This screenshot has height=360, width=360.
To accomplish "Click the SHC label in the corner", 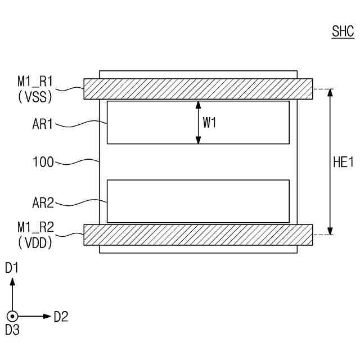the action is coord(343,31).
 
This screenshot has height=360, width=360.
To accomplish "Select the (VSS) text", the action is coord(35,97).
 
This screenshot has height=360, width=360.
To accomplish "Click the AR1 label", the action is coord(43,124).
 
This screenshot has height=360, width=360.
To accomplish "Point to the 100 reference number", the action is coord(43,163).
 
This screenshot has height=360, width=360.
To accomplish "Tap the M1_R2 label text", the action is coord(35,227).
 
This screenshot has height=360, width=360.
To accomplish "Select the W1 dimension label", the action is coord(209,123).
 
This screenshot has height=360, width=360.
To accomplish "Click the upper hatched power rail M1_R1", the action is coord(198,89).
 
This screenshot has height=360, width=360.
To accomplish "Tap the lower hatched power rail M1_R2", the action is coord(198,235).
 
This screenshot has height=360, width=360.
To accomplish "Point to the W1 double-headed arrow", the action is coord(198,122).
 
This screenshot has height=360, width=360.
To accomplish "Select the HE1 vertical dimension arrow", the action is coord(330,161).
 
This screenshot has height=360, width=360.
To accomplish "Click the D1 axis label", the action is coord(12,268).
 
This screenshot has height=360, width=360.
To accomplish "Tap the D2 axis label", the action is coord(61,316).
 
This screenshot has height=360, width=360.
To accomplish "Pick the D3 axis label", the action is coord(12,330).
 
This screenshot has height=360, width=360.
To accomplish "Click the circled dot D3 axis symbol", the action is coord(12,316).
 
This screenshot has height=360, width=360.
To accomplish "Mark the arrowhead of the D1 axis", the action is coord(12,280).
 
